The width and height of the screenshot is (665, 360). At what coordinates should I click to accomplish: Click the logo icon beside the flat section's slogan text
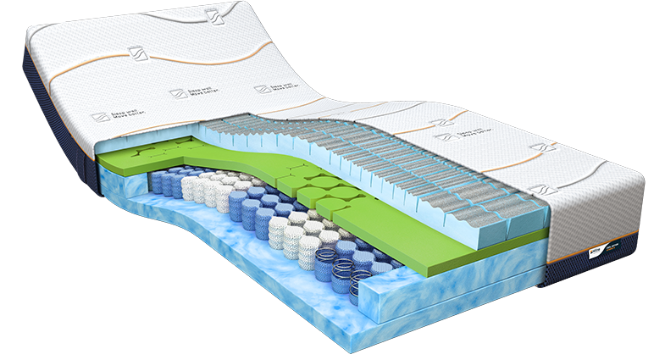pos(441,136)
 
